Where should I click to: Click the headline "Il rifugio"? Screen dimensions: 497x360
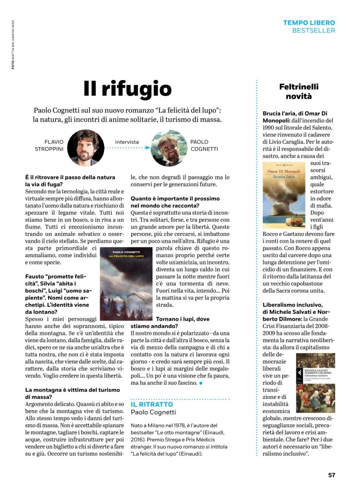click(127, 89)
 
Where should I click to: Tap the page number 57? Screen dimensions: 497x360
click(331, 475)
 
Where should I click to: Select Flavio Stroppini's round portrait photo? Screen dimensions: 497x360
click(85, 148)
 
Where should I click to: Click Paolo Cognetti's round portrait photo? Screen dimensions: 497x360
click(169, 148)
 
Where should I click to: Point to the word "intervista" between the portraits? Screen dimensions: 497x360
click(127, 142)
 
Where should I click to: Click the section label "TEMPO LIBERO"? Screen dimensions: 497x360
click(309, 22)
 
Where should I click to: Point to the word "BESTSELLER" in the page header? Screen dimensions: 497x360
click(314, 31)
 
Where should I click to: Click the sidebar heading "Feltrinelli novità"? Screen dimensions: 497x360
click(299, 91)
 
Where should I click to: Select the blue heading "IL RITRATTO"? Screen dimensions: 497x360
click(152, 404)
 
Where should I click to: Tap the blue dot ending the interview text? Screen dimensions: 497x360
click(201, 383)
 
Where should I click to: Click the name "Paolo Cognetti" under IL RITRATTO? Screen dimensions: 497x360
click(154, 412)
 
